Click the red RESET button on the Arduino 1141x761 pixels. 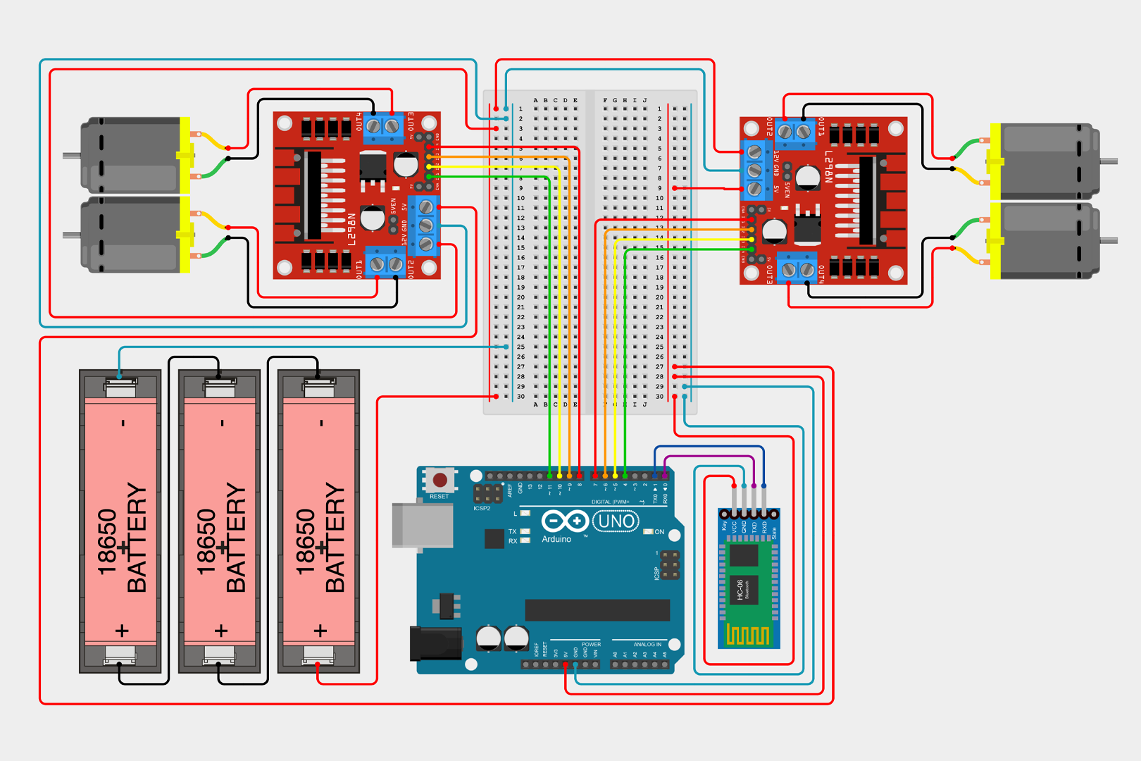pos(440,481)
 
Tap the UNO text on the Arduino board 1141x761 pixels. pos(616,521)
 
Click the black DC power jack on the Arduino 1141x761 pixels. pos(436,643)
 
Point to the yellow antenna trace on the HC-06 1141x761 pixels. pos(747,636)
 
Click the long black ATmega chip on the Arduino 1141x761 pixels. pos(597,610)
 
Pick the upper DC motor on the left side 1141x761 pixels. pos(134,155)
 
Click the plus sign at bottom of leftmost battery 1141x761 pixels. pos(122,630)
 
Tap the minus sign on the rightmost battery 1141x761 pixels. pos(321,423)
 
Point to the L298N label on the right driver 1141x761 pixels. pos(829,167)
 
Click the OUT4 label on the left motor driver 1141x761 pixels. pos(359,122)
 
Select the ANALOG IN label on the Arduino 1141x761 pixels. pos(647,644)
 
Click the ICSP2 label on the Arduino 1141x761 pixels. pos(482,508)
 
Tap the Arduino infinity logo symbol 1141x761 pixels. pos(565,521)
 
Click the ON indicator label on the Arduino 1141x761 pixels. pos(659,532)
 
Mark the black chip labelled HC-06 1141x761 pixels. pos(743,589)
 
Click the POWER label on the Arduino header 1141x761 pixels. pos(591,644)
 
